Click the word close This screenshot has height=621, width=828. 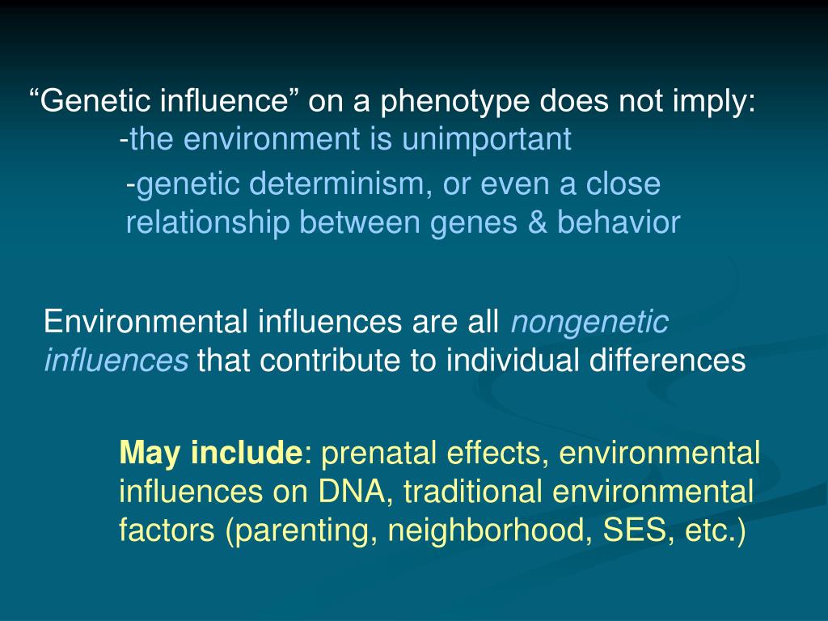coord(623,184)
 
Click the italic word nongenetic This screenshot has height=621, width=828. coord(589,323)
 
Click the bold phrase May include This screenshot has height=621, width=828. coord(209,454)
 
